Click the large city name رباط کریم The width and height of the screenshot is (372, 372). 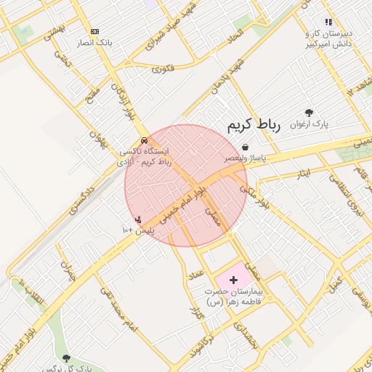point(254,125)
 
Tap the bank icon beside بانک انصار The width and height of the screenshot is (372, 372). point(95,31)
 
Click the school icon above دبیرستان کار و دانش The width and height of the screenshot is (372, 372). point(328,23)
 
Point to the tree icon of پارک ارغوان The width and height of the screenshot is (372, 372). point(310,113)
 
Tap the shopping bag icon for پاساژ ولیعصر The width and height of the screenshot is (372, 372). point(245,147)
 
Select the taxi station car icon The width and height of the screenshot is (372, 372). point(145,139)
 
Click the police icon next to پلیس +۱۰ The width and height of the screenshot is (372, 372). point(138,219)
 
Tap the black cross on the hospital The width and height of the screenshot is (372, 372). point(233,279)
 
